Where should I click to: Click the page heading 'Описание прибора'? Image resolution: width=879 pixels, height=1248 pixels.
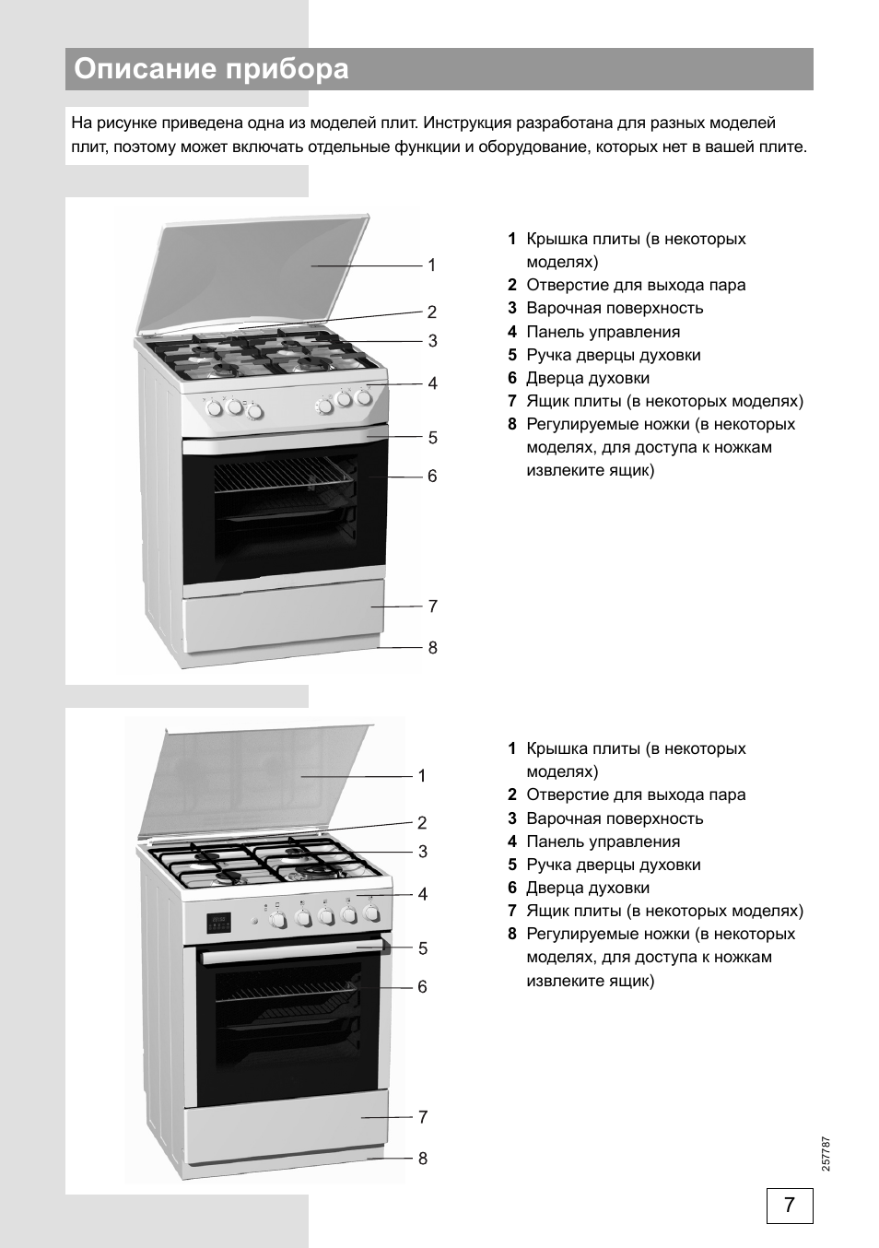coord(211,70)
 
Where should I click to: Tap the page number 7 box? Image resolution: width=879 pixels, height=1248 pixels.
coord(789,1206)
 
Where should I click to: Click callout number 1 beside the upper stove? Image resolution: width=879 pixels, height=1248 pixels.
coord(431,265)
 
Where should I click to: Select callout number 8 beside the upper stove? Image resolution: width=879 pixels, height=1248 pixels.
coord(432,648)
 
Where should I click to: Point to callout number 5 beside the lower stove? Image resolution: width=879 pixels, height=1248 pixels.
coord(422,948)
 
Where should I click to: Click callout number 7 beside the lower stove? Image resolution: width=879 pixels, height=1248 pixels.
coord(422,1117)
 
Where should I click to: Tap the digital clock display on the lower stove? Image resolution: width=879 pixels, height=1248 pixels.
coord(217,919)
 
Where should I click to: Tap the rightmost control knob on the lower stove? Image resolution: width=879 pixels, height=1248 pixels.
coord(371,913)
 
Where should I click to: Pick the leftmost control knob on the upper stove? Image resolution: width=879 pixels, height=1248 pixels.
coord(214,406)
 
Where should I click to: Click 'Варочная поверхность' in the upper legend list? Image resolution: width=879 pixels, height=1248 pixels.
coord(615,309)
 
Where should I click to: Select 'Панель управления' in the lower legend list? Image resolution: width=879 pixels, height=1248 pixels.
coord(603,842)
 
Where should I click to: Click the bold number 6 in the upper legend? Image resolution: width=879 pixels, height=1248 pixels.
coord(511,378)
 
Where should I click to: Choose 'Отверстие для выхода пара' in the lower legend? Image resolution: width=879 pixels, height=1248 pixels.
coord(636,795)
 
